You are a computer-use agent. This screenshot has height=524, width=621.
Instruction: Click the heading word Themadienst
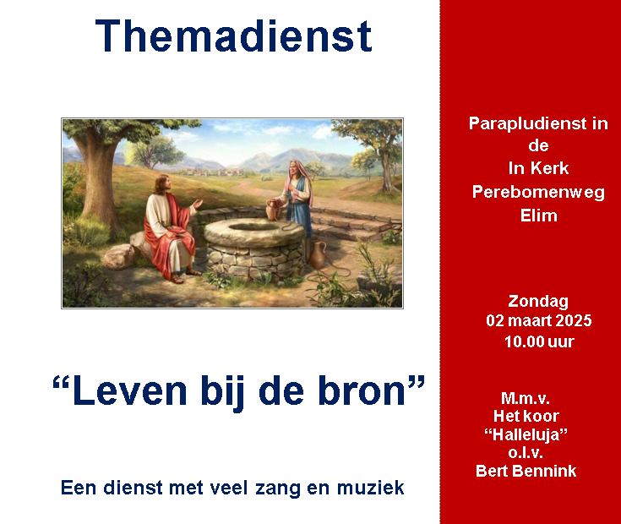pyautogui.click(x=234, y=36)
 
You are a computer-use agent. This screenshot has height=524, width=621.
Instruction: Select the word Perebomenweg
pyautogui.click(x=539, y=193)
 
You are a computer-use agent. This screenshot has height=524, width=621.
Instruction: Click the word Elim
pyautogui.click(x=539, y=216)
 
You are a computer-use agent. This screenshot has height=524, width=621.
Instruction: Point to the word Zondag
pyautogui.click(x=538, y=302)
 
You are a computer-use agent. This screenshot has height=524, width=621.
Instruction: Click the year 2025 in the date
pyautogui.click(x=573, y=320)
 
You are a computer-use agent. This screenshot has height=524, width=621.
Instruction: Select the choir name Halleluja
pyautogui.click(x=526, y=434)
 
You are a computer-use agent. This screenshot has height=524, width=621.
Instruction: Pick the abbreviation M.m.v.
pyautogui.click(x=526, y=398)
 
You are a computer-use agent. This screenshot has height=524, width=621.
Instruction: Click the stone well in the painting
pyautogui.click(x=254, y=248)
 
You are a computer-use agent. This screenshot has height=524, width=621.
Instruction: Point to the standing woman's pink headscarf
pyautogui.click(x=301, y=178)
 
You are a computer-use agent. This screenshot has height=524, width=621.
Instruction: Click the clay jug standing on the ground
pyautogui.click(x=318, y=254)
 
